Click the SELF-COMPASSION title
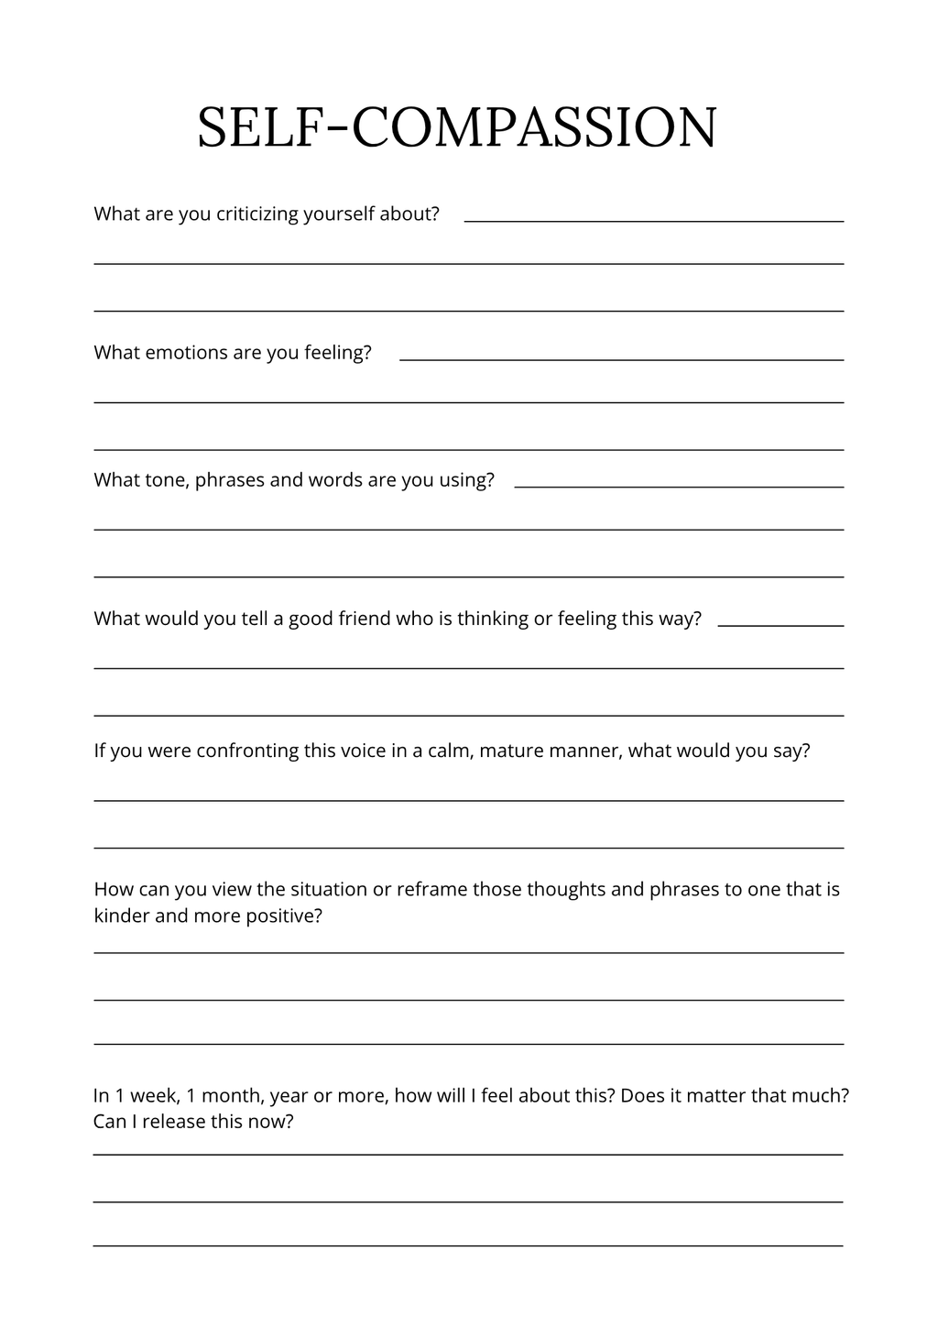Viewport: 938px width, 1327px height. pos(457,127)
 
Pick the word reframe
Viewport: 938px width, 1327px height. pos(431,890)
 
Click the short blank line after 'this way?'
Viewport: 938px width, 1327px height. pos(780,626)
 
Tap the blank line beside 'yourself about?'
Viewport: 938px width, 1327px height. pos(654,221)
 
